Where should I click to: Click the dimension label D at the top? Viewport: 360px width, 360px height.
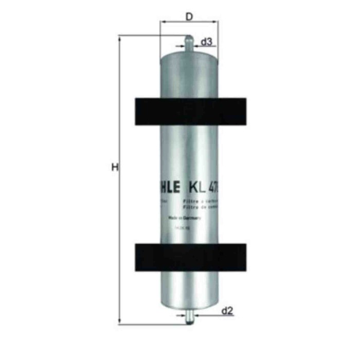pyautogui.click(x=189, y=16)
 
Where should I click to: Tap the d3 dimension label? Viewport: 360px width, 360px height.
pyautogui.click(x=206, y=42)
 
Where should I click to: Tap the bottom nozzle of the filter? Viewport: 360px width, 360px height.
pyautogui.click(x=189, y=314)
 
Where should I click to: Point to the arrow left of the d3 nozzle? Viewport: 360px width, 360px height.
pyautogui.click(x=179, y=47)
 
